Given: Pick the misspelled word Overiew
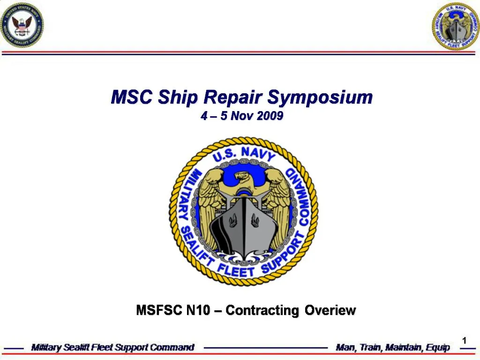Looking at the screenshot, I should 330,310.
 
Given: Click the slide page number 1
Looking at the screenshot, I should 464,341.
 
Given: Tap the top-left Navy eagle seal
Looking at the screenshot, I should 22,25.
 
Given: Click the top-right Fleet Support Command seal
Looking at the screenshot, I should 456,26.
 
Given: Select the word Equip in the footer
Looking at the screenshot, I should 438,348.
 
